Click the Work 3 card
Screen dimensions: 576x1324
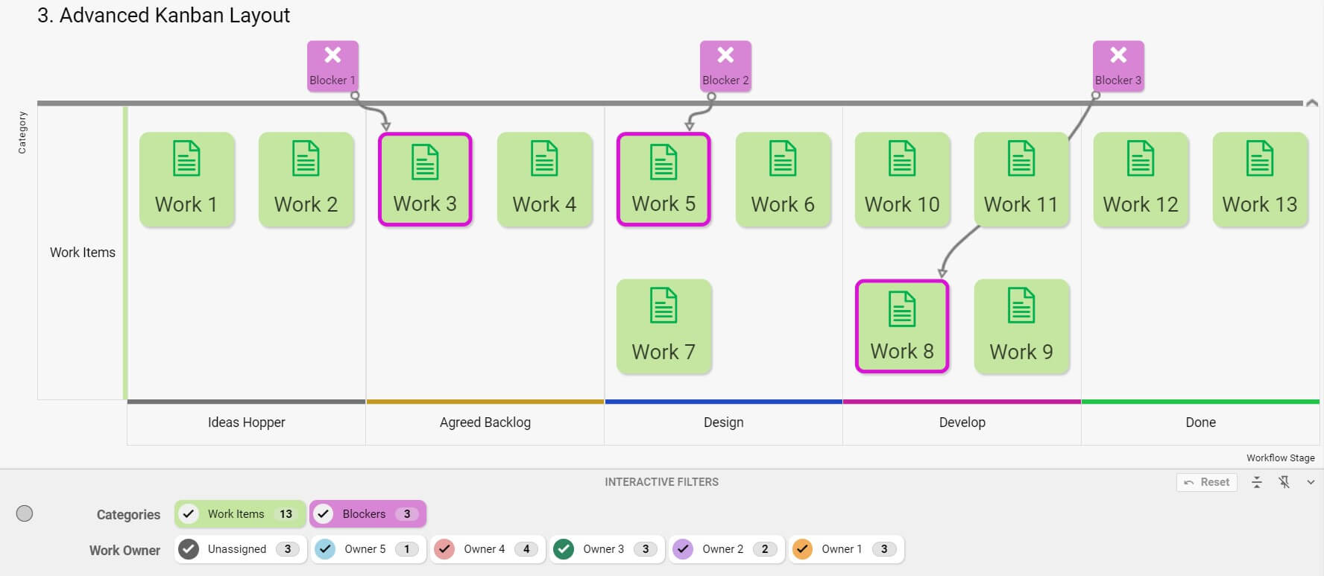pyautogui.click(x=425, y=180)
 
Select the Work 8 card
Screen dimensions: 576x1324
pyautogui.click(x=902, y=326)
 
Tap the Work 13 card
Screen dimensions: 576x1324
pyautogui.click(x=1260, y=180)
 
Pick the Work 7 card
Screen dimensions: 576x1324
pyautogui.click(x=663, y=326)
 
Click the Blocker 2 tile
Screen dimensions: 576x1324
pyautogui.click(x=725, y=66)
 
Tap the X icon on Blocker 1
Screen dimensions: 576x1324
pyautogui.click(x=332, y=55)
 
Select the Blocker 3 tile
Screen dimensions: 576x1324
pyautogui.click(x=1118, y=66)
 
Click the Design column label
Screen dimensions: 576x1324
pyautogui.click(x=723, y=422)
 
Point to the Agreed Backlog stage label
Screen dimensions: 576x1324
pyautogui.click(x=485, y=422)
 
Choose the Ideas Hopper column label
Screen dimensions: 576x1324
pyautogui.click(x=246, y=422)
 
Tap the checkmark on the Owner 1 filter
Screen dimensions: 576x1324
pyautogui.click(x=802, y=549)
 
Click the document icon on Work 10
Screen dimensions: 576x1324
pyautogui.click(x=902, y=158)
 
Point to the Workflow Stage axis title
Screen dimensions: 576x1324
pyautogui.click(x=1280, y=458)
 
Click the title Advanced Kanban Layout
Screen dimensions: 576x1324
pyautogui.click(x=164, y=16)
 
